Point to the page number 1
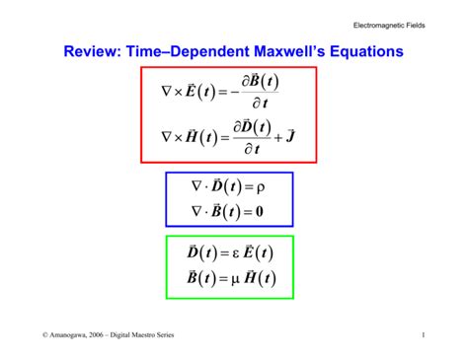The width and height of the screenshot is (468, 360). pyautogui.click(x=423, y=336)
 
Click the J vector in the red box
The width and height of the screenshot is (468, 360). pyautogui.click(x=289, y=134)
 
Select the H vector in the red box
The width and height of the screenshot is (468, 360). pyautogui.click(x=196, y=135)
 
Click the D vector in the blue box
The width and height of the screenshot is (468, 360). pyautogui.click(x=216, y=185)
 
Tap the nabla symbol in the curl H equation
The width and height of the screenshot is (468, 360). pyautogui.click(x=166, y=136)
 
